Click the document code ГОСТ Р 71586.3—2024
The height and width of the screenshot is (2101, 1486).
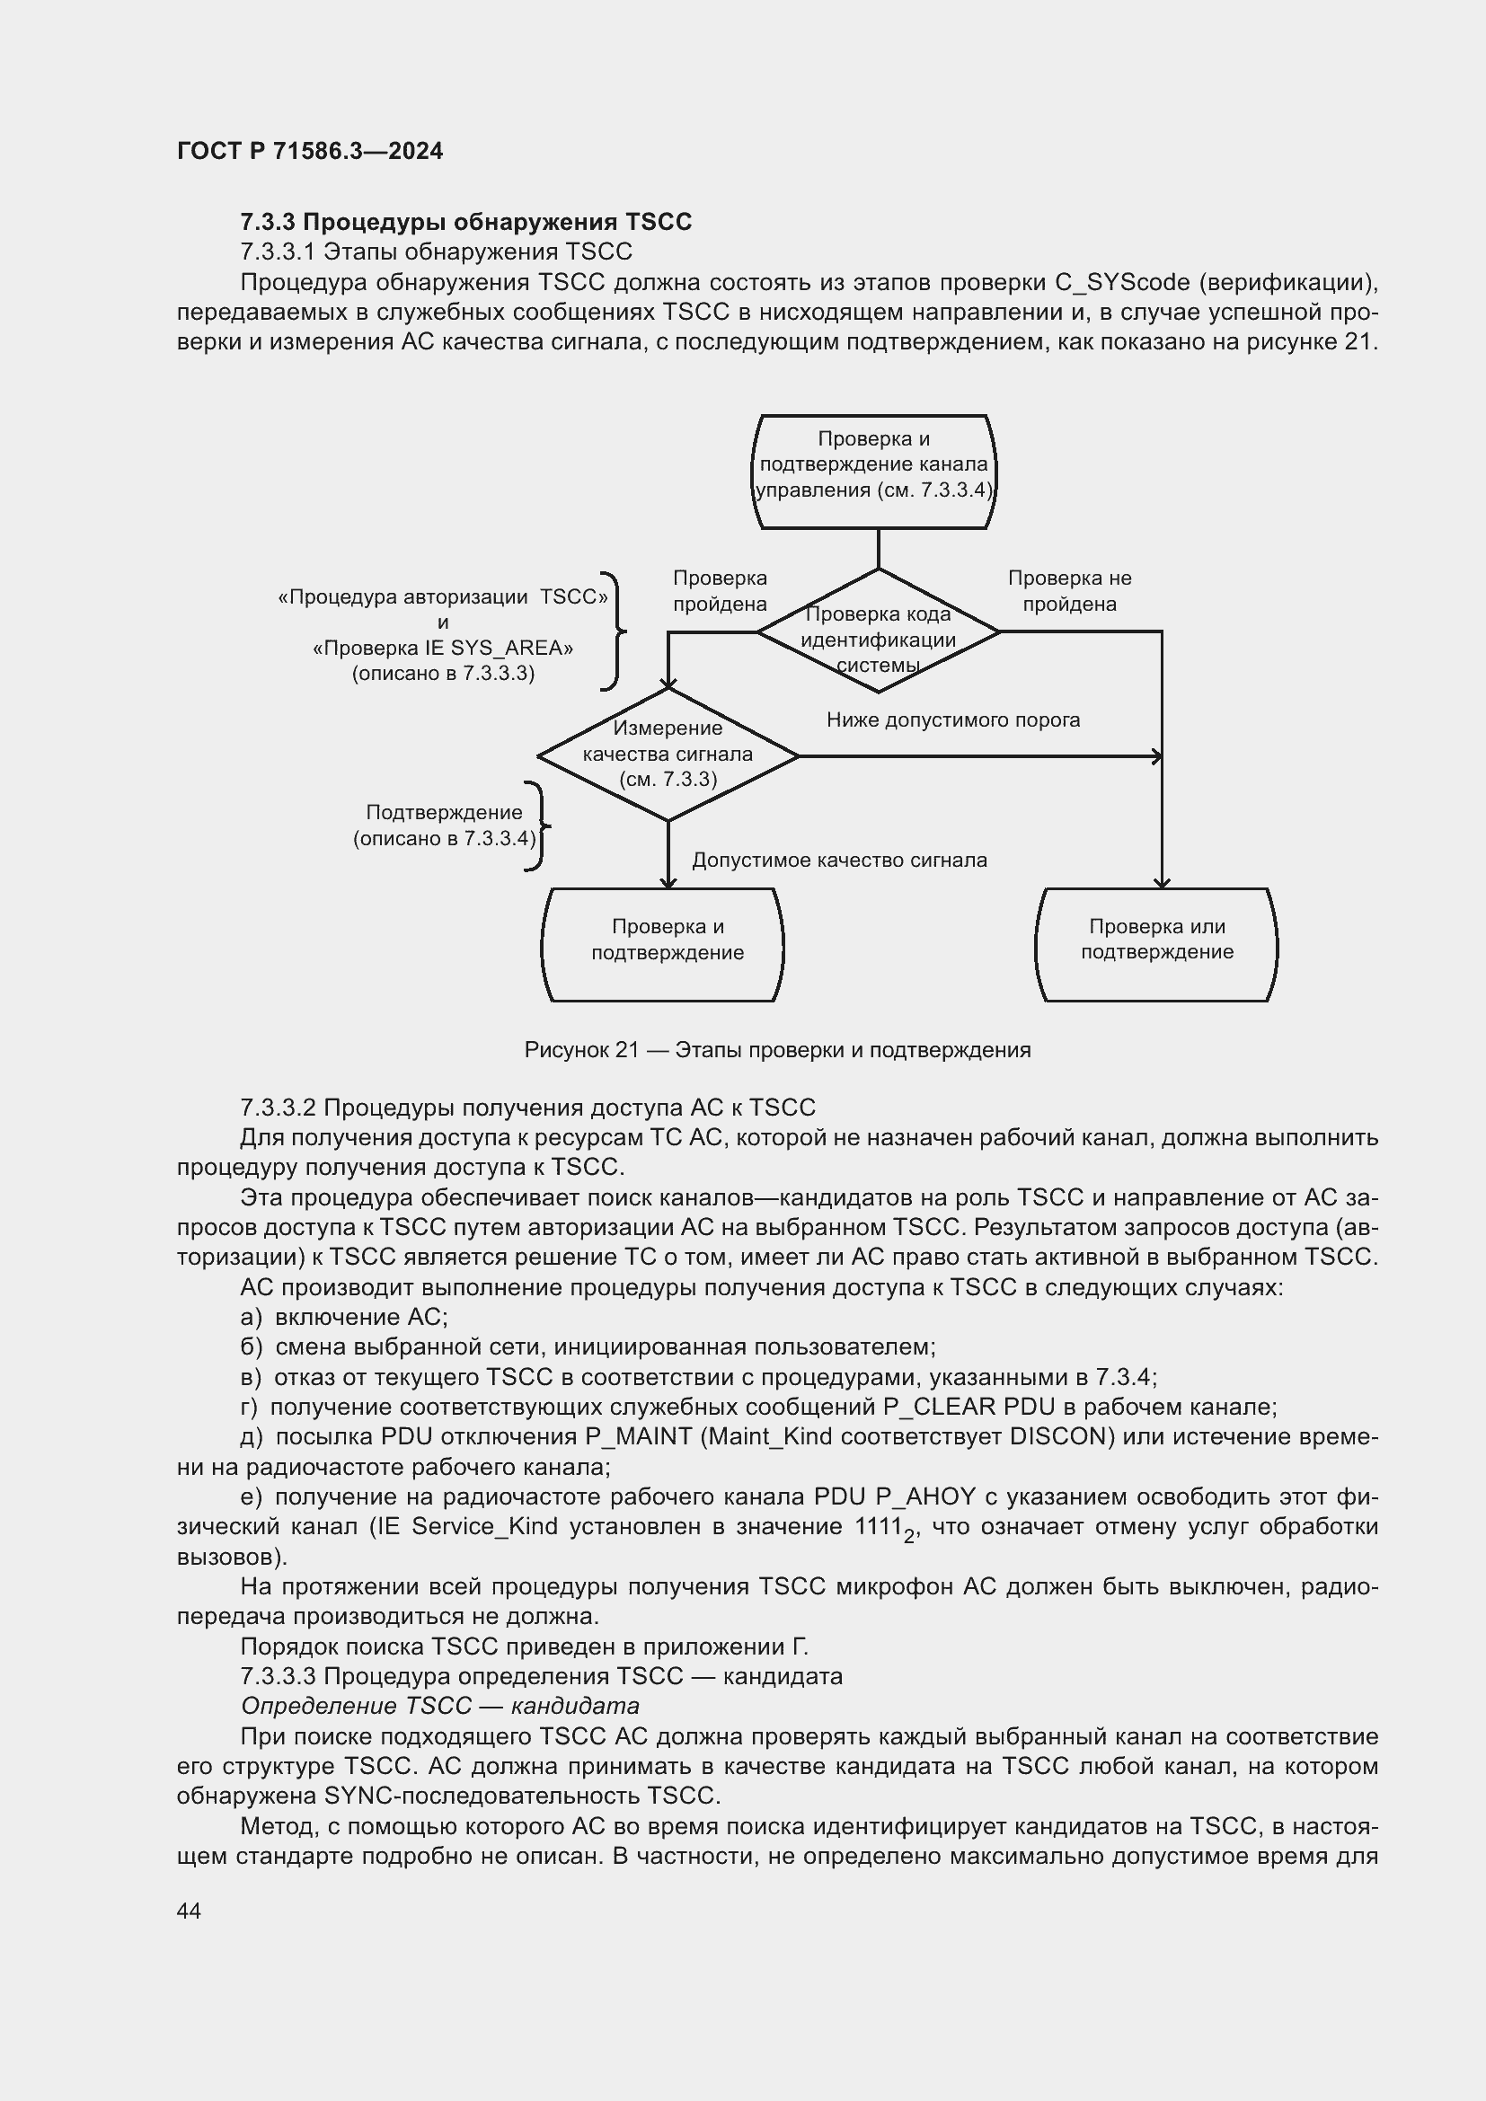pos(309,151)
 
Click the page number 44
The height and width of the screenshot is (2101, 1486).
pos(189,1911)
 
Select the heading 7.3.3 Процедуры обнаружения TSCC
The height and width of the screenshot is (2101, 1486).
pos(465,223)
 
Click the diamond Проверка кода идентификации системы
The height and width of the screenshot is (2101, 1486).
pos(879,631)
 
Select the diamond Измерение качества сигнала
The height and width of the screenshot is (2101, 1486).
pos(668,754)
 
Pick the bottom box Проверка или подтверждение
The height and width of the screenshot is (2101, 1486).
pos(1156,943)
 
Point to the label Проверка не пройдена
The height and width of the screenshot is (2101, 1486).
pos(1069,591)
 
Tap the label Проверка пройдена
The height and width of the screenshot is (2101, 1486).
pos(720,591)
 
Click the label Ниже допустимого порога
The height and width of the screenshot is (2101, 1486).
pos(952,720)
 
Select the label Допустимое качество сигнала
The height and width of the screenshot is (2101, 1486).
pos(839,861)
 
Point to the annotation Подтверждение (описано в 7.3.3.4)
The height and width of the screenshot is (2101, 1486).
pos(444,825)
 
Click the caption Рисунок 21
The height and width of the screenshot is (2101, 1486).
pos(777,1049)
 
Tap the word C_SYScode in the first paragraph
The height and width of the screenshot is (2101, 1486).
pos(1122,283)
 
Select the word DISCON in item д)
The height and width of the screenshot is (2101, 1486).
pos(1057,1436)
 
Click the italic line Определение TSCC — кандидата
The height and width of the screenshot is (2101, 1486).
pos(439,1706)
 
